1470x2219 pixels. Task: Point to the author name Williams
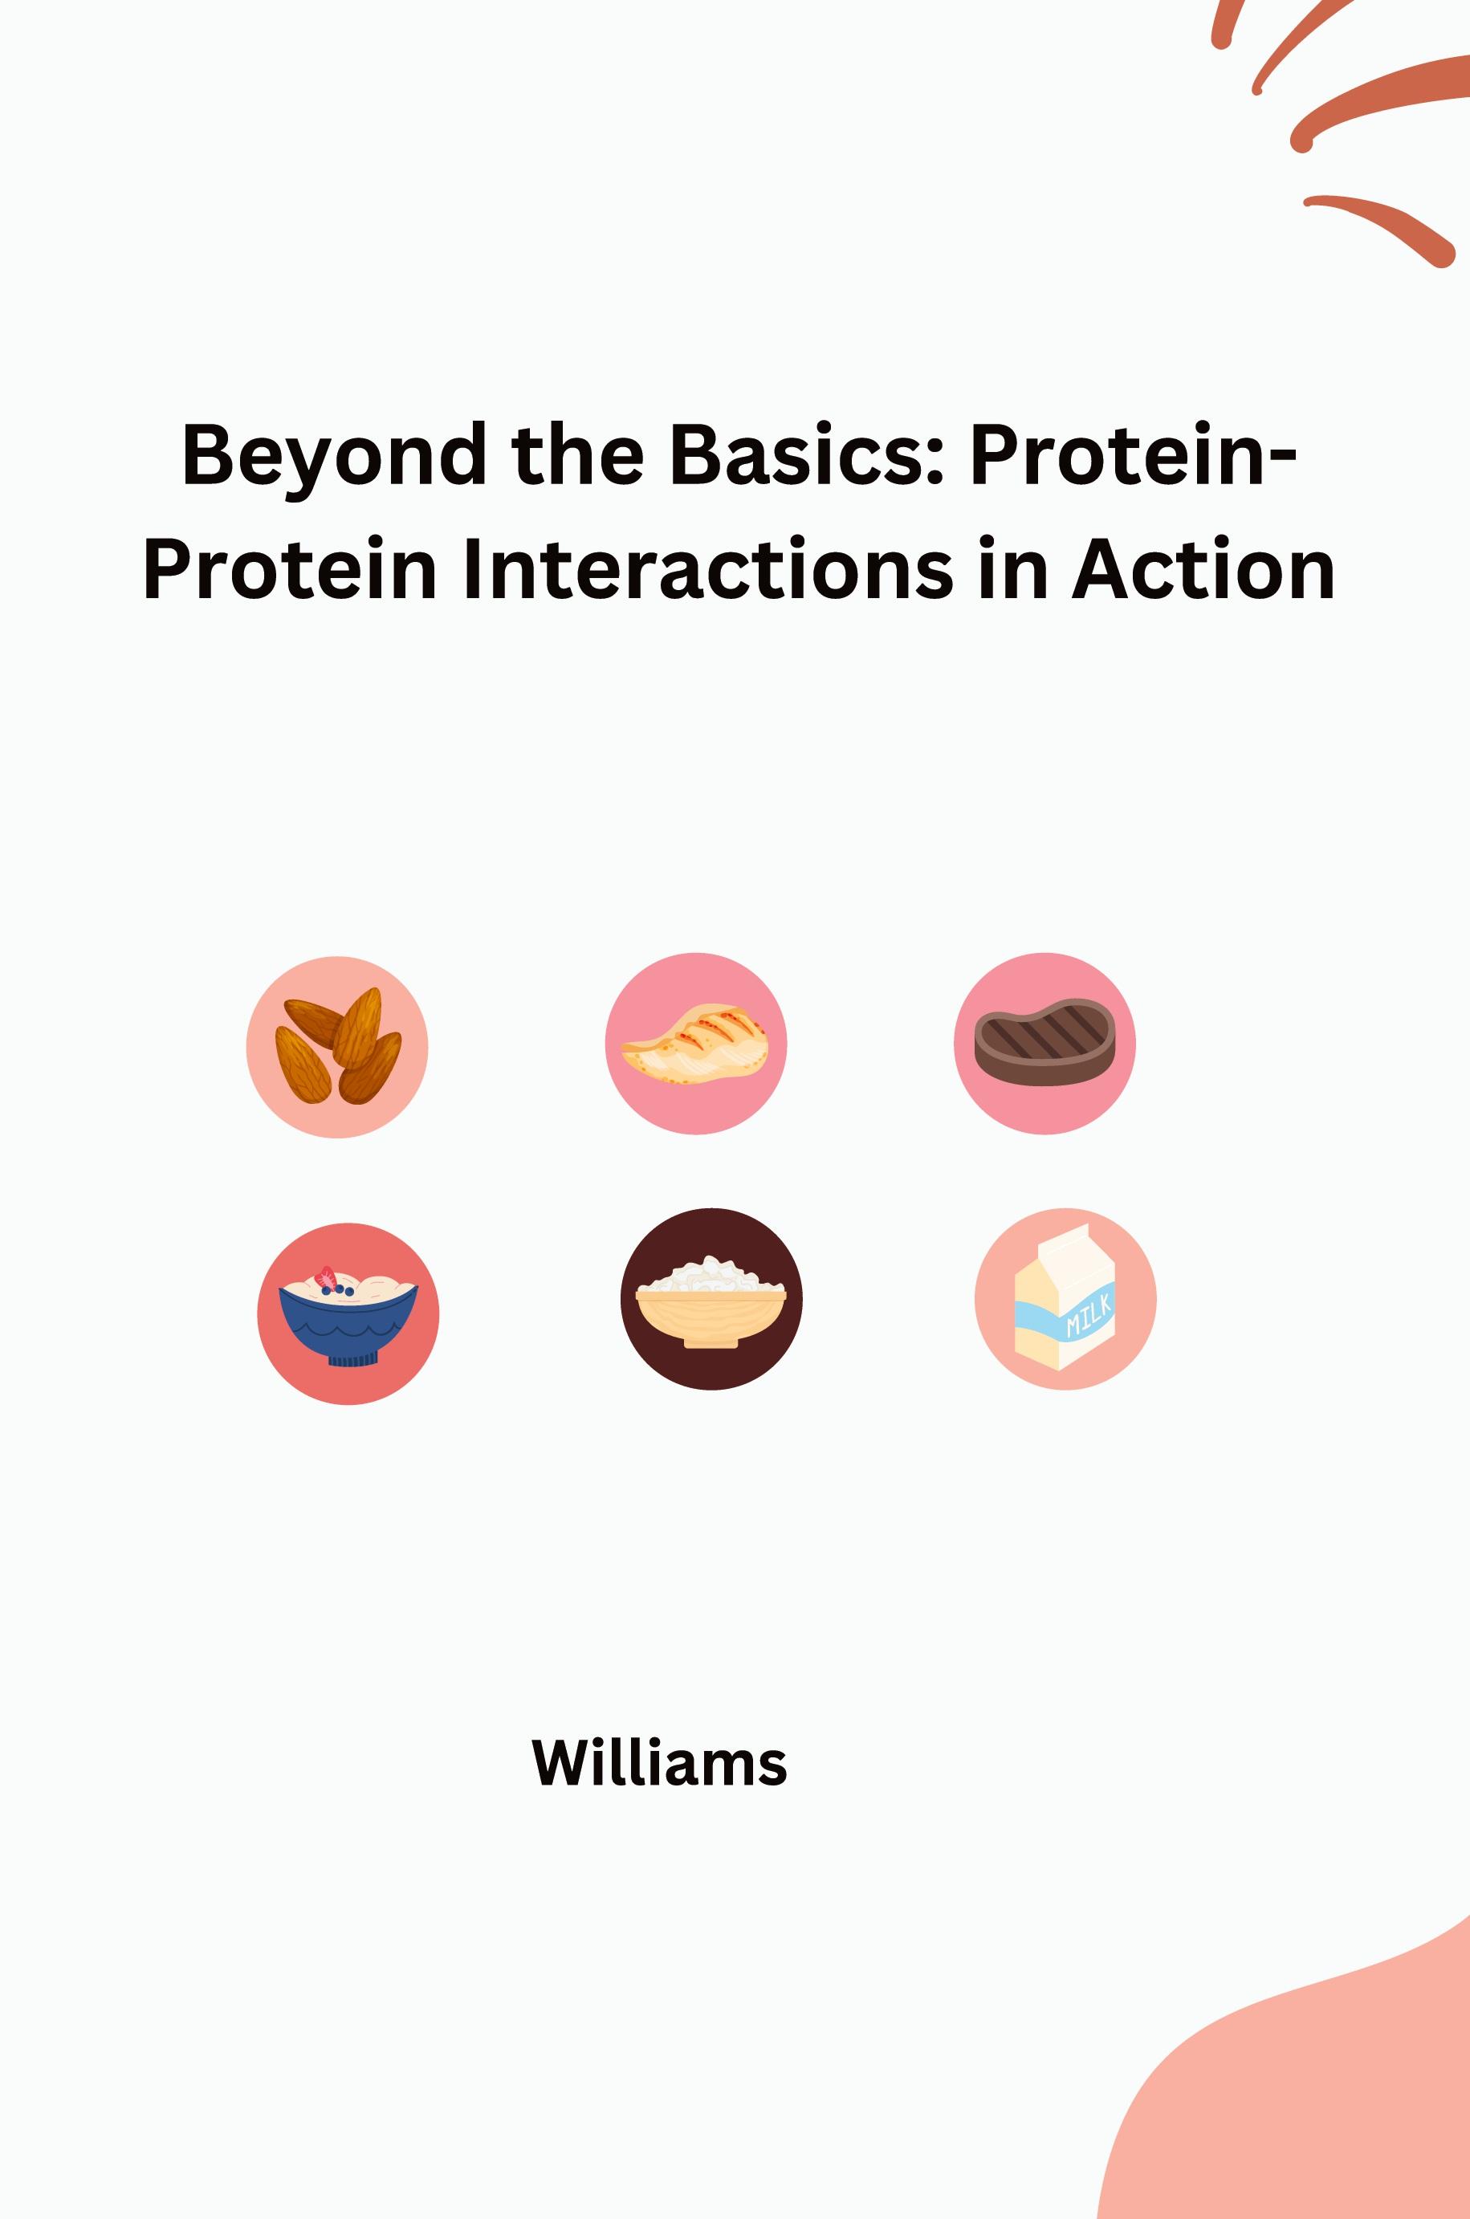[x=659, y=1763]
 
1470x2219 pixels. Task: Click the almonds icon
[x=337, y=1046]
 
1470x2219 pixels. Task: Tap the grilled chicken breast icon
[x=695, y=1044]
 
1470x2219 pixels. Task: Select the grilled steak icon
[x=1044, y=1043]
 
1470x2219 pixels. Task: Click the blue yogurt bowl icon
[x=348, y=1313]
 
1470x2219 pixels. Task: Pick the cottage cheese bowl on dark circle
[x=711, y=1299]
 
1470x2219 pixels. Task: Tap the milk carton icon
[x=1065, y=1298]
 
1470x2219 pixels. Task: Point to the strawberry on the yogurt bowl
[x=326, y=1276]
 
